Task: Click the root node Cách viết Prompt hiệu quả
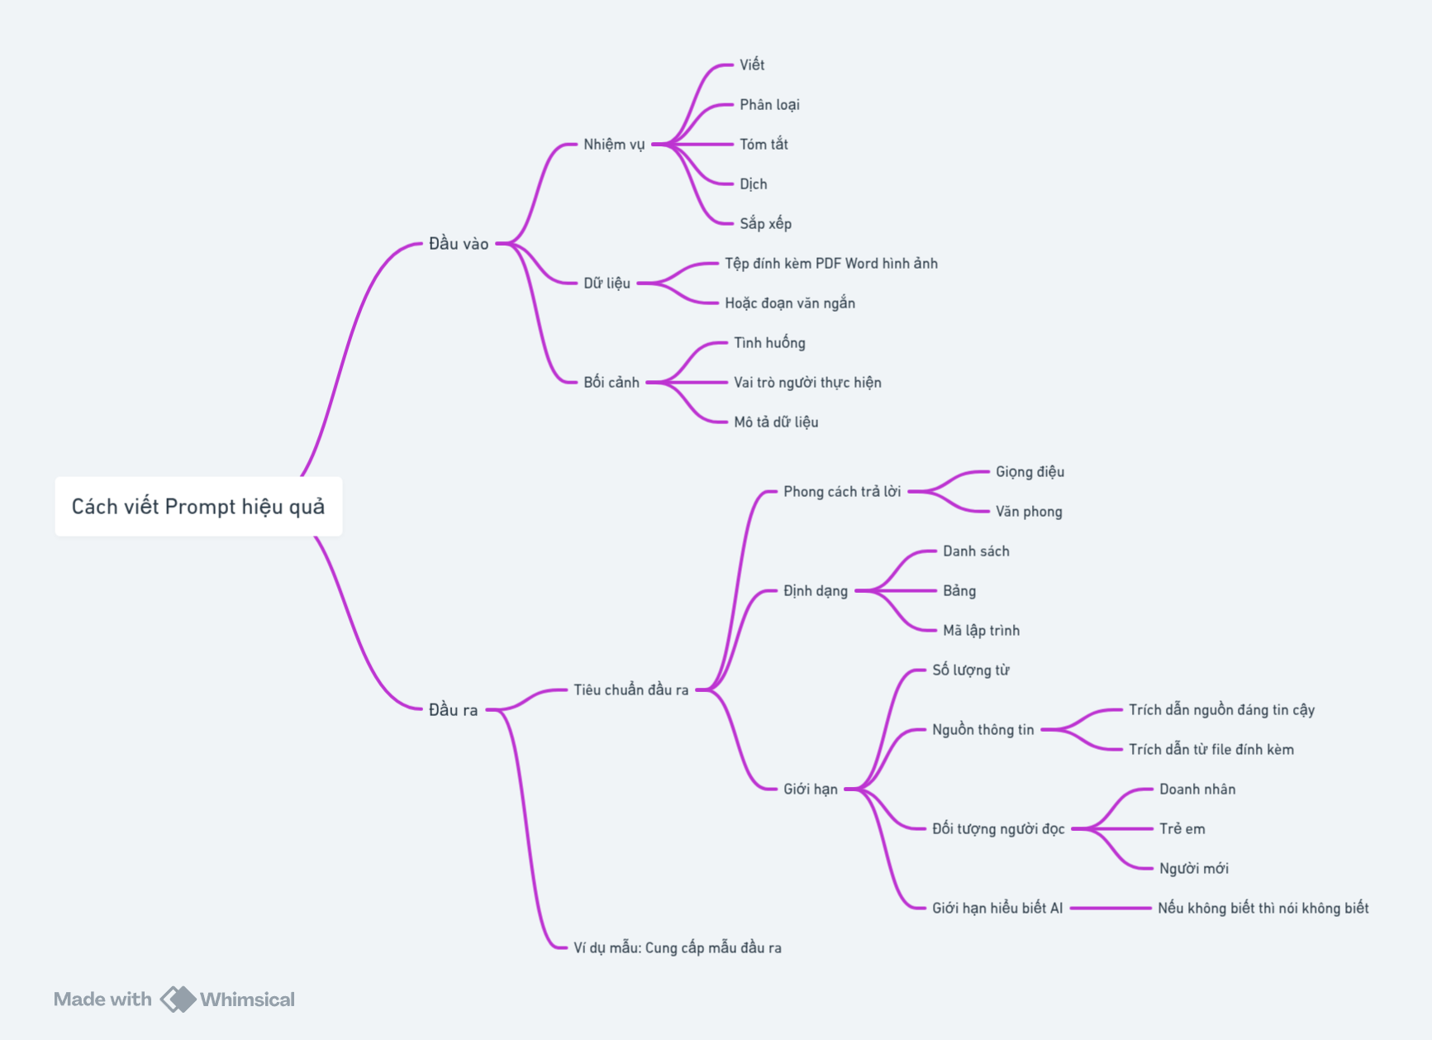(198, 506)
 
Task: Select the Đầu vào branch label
(459, 243)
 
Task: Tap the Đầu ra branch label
(453, 709)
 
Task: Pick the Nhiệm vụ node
(614, 144)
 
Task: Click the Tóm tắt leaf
(764, 144)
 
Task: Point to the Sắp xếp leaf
(765, 223)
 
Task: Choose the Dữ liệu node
(607, 283)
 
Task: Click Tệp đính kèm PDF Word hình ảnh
(831, 263)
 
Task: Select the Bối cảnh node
(611, 382)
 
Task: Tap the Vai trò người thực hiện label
(807, 382)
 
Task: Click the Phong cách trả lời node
(842, 491)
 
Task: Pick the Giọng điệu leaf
(1030, 471)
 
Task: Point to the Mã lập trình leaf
(981, 630)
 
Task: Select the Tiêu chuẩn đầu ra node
(631, 689)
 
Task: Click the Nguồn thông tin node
(983, 729)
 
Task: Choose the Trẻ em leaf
(1182, 828)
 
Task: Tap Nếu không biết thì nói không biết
(1263, 908)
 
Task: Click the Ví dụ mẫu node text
(678, 947)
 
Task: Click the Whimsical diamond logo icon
(178, 999)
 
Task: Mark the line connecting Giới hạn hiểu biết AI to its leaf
(1111, 908)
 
